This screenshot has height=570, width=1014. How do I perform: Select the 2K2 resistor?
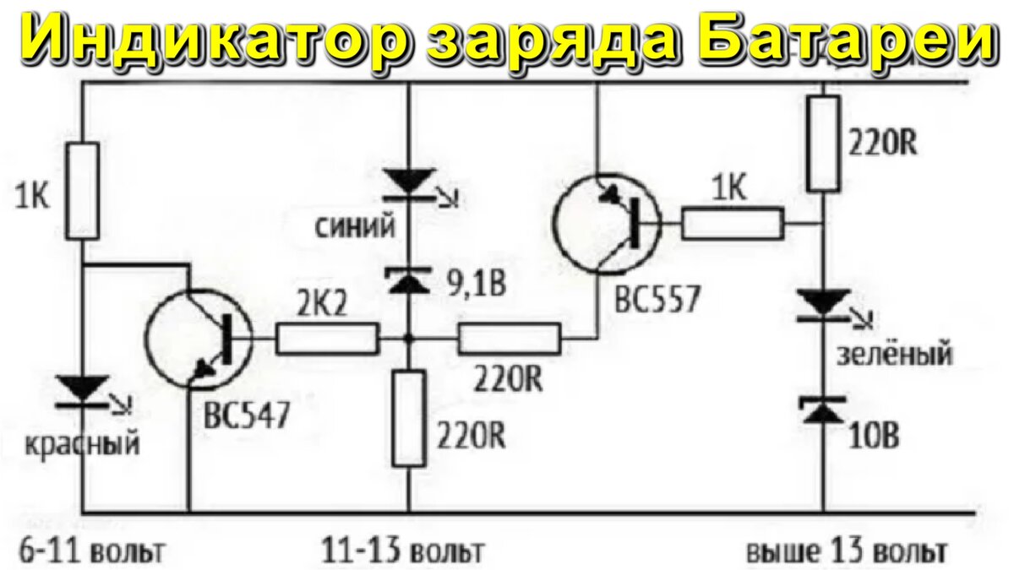[x=327, y=339]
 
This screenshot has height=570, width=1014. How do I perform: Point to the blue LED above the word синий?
[x=409, y=182]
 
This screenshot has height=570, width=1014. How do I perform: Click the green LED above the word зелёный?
[x=824, y=302]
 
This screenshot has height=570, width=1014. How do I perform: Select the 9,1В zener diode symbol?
[x=409, y=280]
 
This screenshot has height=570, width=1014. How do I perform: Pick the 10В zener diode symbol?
[x=824, y=410]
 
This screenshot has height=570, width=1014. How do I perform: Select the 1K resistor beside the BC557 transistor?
[x=733, y=224]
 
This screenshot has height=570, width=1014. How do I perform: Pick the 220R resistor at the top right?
[x=824, y=143]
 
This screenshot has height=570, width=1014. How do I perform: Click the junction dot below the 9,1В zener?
[x=409, y=339]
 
